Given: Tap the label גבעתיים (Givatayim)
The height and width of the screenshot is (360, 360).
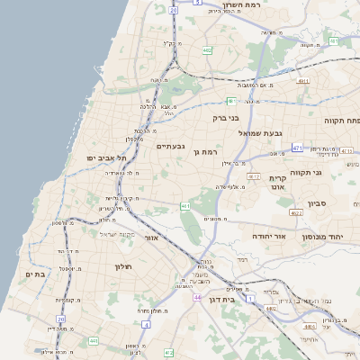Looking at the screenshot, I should (x=170, y=145).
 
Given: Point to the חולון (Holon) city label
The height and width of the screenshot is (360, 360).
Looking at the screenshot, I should (x=123, y=266).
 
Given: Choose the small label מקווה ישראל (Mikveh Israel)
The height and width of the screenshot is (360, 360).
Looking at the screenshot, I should (x=116, y=234).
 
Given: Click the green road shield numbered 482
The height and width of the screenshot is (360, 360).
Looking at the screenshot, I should (x=208, y=50).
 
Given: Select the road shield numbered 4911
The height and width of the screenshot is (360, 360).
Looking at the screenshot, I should (x=302, y=81).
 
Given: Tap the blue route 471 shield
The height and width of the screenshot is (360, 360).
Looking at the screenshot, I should (x=298, y=146).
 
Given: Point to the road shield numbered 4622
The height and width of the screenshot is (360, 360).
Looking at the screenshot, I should (x=296, y=213).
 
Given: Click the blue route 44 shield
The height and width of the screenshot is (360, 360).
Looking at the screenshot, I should (x=197, y=296).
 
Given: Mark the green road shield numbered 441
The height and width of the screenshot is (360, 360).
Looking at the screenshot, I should (x=94, y=341).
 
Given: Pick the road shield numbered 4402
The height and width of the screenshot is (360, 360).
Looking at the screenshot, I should (x=271, y=309).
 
